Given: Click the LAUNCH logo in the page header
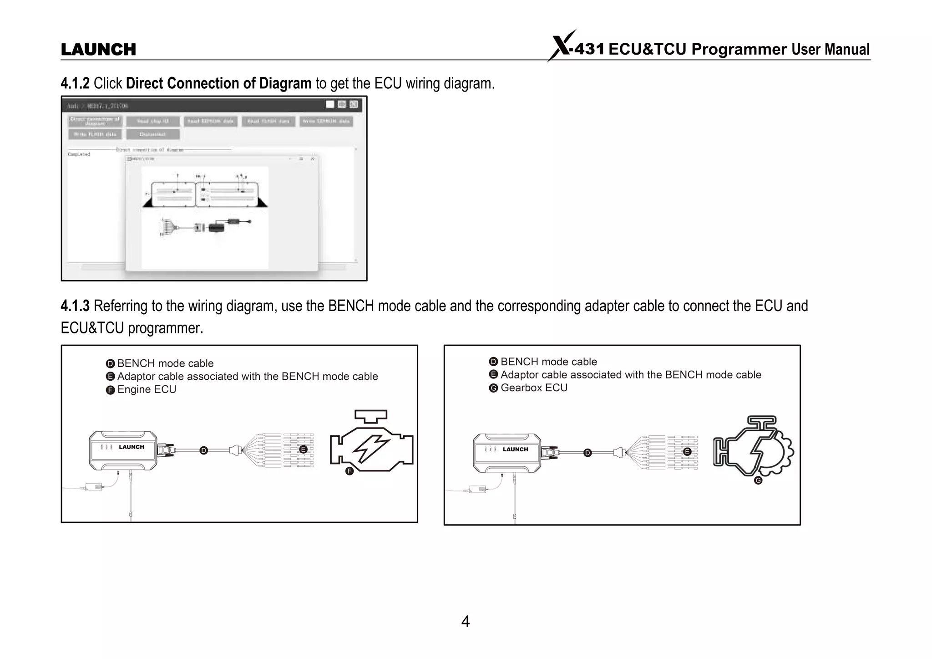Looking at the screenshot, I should (98, 49).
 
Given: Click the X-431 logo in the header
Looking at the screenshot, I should (576, 47).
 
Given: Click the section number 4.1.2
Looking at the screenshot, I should (75, 83).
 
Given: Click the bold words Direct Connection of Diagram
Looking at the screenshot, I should (218, 83).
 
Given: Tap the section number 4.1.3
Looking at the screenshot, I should (75, 306).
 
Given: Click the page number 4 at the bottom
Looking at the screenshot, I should (465, 621).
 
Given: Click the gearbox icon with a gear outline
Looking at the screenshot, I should (753, 446).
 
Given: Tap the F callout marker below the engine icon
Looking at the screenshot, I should (349, 471).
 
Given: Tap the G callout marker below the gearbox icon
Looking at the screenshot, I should (758, 480).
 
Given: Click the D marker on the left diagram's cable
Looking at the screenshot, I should (203, 450).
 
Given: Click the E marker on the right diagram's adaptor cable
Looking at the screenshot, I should (687, 452).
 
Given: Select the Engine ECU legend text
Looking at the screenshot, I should (147, 389).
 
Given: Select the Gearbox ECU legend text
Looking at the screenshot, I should (534, 388).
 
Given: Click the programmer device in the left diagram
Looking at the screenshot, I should (123, 450).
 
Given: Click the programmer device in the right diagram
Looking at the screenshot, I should (507, 452).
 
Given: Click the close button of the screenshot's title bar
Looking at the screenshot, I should (354, 104).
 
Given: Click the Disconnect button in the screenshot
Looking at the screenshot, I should (153, 134).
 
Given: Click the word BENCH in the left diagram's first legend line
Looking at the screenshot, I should (136, 363).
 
